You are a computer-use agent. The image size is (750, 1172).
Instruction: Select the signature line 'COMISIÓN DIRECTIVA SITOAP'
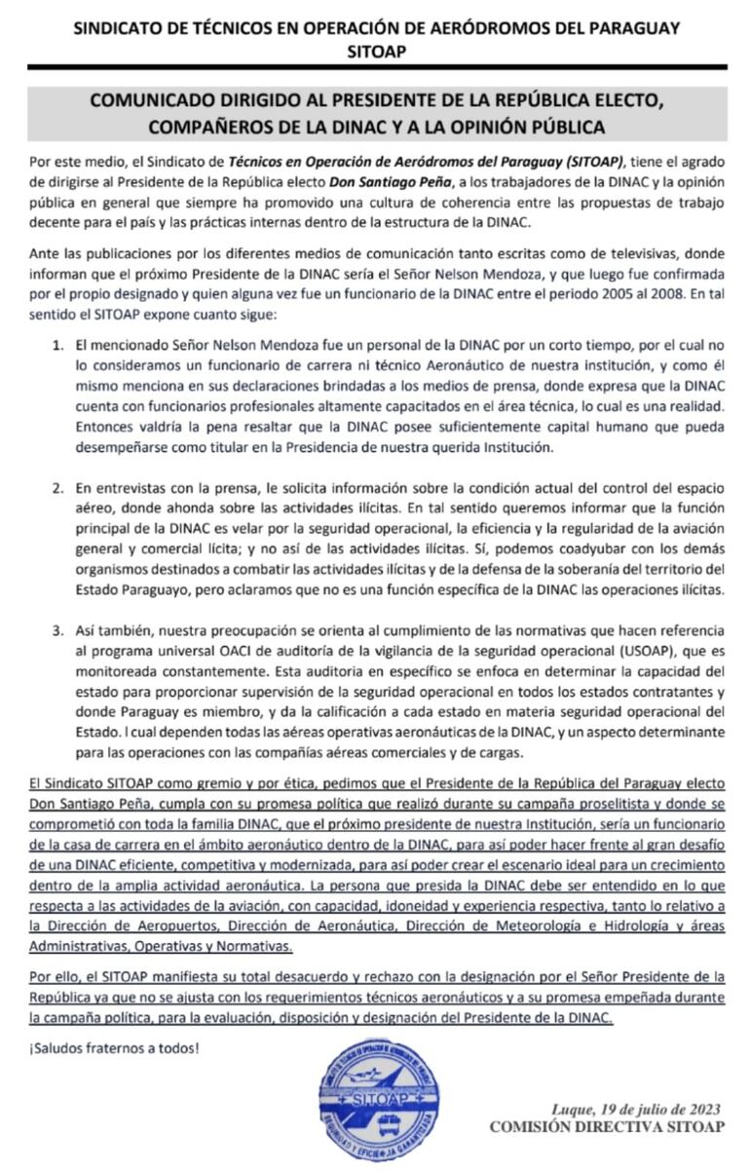click(x=607, y=1127)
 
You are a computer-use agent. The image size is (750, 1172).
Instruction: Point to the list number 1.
click(x=57, y=346)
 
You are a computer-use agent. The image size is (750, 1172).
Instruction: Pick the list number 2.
click(x=57, y=486)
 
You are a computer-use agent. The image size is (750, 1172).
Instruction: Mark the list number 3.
click(x=57, y=626)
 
